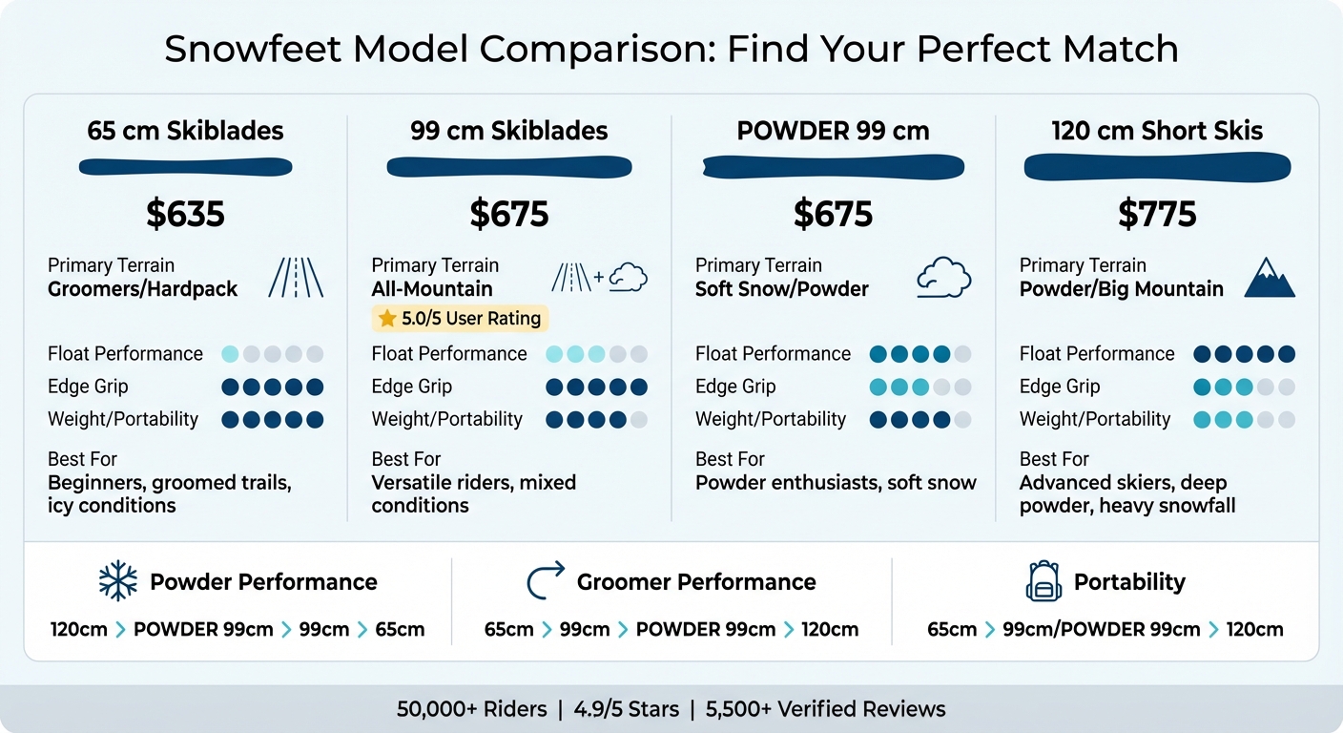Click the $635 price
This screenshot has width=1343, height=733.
pos(185,214)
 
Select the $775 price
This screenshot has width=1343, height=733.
pos(1157,214)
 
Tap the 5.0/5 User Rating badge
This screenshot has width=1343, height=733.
pos(460,318)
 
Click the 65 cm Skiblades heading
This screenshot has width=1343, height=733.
pos(185,131)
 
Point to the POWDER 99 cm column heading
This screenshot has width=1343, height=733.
pos(833,131)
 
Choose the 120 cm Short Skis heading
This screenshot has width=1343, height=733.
pos(1157,131)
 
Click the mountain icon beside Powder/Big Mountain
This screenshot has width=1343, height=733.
pos(1270,278)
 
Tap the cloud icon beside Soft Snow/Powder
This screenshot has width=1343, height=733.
pos(943,278)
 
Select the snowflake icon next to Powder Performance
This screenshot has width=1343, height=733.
pos(118,581)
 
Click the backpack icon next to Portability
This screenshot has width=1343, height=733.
pos(1043,581)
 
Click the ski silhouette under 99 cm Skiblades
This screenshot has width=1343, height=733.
pos(509,168)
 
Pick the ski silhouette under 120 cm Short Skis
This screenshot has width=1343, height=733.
pos(1157,168)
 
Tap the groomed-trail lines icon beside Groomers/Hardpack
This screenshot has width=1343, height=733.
pos(296,278)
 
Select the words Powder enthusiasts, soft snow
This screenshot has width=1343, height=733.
pos(836,482)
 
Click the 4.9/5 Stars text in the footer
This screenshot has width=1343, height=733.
pos(627,709)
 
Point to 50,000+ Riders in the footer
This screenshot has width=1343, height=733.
pos(472,709)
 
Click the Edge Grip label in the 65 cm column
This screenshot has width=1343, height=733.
pos(88,387)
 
